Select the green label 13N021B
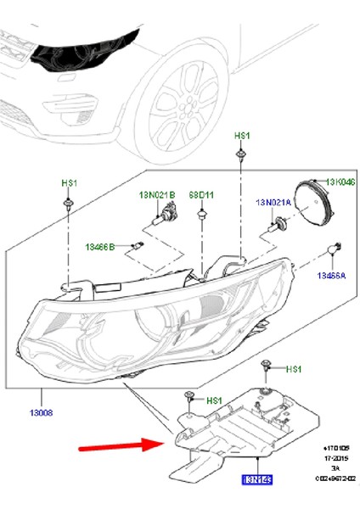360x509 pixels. point(157,195)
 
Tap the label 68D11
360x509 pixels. point(201,195)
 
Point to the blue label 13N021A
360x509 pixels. point(273,203)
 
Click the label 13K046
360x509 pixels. point(339,182)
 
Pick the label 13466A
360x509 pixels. point(330,276)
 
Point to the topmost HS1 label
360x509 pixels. point(241,136)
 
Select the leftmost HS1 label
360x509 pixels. point(69,183)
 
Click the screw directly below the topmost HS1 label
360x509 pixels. point(241,154)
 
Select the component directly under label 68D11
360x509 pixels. point(201,218)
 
